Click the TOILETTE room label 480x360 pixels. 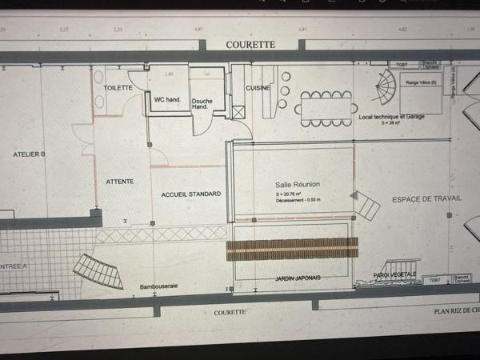118,88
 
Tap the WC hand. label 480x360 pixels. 167,100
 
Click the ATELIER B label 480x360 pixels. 30,154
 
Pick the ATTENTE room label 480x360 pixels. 120,182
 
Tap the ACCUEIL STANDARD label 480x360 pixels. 190,194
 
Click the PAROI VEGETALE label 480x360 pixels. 395,275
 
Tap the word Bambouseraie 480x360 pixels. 158,286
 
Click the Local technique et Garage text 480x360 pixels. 391,117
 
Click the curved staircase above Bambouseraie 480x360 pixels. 100,270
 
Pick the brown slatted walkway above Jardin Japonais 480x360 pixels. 292,248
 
